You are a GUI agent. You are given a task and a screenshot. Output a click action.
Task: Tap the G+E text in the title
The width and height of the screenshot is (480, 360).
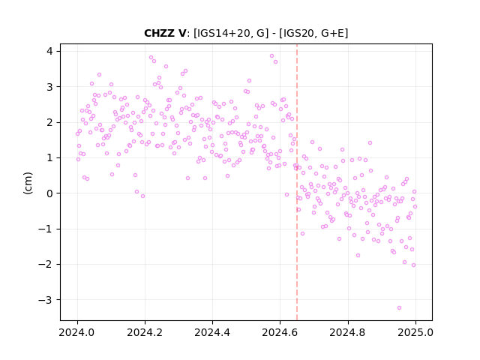pyautogui.click(x=331, y=33)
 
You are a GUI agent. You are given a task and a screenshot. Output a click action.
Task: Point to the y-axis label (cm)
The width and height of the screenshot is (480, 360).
pyautogui.click(x=28, y=183)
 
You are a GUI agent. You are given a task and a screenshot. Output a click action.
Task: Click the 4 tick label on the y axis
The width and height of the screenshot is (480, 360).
pyautogui.click(x=49, y=51)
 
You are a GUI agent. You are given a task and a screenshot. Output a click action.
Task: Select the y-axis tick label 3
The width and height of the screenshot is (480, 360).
pyautogui.click(x=49, y=87)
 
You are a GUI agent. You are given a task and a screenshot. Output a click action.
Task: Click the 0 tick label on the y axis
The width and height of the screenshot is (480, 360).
pyautogui.click(x=49, y=193)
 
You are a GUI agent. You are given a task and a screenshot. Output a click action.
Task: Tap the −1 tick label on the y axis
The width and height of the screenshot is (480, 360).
pyautogui.click(x=46, y=229)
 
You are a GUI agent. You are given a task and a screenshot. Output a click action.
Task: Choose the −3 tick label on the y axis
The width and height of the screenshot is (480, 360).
pyautogui.click(x=46, y=300)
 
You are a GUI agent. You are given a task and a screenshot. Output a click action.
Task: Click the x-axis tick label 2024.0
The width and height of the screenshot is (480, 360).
pyautogui.click(x=77, y=332)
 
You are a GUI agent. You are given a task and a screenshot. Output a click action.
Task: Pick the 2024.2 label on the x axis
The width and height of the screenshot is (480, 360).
pyautogui.click(x=145, y=332)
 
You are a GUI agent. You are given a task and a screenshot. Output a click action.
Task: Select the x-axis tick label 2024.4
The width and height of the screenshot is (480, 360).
pyautogui.click(x=212, y=332)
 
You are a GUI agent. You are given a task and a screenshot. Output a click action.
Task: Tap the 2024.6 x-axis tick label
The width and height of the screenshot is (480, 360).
pyautogui.click(x=280, y=332)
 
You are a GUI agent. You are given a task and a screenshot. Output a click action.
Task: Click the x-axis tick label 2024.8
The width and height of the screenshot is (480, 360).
pyautogui.click(x=348, y=332)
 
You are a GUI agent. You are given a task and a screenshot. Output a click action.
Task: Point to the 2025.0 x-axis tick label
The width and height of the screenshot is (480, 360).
pyautogui.click(x=415, y=332)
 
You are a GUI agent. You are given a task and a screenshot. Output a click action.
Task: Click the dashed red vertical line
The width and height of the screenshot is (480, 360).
pyautogui.click(x=297, y=182)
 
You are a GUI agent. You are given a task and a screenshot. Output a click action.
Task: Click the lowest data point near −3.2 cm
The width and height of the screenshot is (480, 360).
pyautogui.click(x=399, y=308)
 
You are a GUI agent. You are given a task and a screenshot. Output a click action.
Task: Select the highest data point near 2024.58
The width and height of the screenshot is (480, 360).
pyautogui.click(x=271, y=56)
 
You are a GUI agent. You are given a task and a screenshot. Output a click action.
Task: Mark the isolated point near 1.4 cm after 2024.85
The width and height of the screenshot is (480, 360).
pyautogui.click(x=370, y=143)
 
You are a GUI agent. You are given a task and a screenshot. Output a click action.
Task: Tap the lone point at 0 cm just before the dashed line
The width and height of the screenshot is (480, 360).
pyautogui.click(x=286, y=195)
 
